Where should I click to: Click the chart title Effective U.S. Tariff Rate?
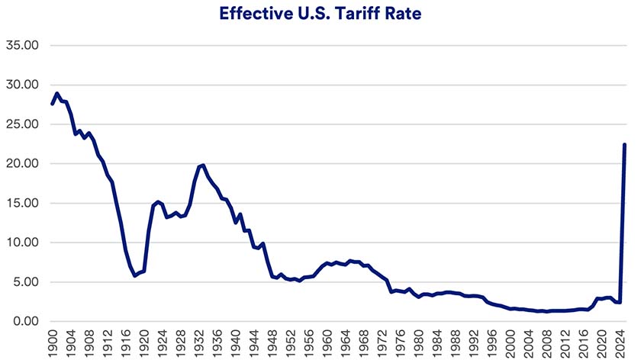click(320, 14)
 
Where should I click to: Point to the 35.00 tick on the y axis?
click(22, 45)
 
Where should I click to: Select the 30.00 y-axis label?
click(22, 85)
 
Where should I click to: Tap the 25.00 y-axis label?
click(22, 124)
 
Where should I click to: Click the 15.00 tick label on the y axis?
click(22, 204)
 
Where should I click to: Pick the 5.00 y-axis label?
click(25, 282)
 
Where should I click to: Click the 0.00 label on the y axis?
click(25, 322)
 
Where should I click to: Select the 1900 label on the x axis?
click(53, 343)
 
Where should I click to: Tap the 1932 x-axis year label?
click(200, 343)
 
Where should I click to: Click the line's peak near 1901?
click(57, 94)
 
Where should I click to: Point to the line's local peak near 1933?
click(203, 165)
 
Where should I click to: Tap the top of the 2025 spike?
click(625, 144)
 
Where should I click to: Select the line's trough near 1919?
click(135, 275)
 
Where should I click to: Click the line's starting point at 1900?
click(52, 104)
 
